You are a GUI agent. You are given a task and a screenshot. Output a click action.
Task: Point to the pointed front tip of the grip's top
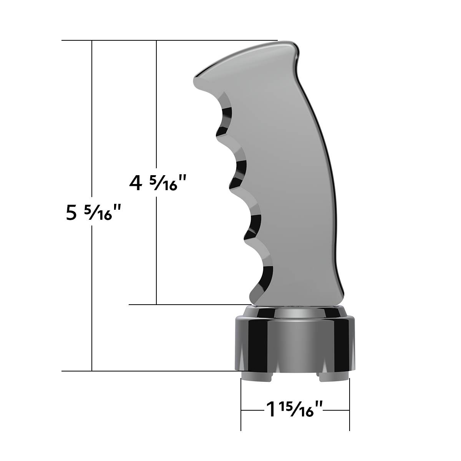coord(197,79)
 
